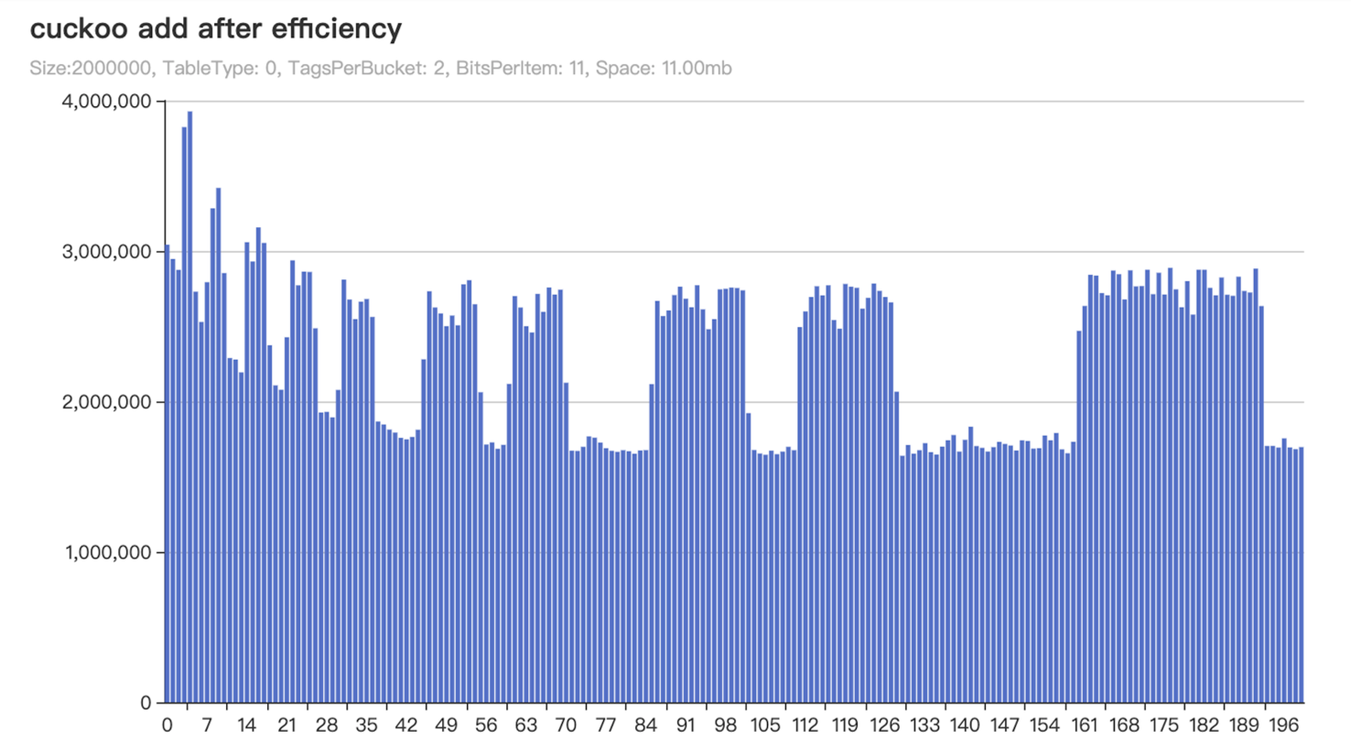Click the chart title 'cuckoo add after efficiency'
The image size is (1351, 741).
(216, 29)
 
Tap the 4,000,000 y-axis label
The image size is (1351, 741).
(105, 101)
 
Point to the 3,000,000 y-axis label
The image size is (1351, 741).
(105, 251)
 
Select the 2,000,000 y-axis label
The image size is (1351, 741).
(105, 402)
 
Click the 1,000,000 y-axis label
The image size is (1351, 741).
(105, 552)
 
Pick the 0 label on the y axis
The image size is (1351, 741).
(146, 703)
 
